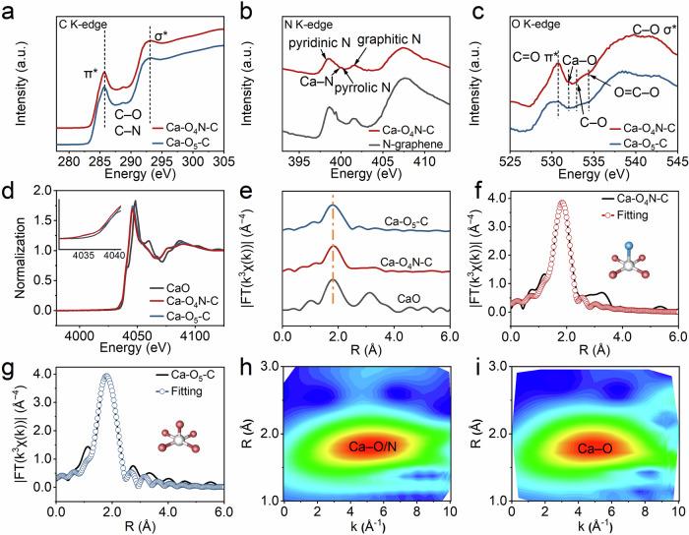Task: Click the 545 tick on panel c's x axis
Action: pos(676,160)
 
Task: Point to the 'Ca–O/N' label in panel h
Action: pos(367,447)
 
